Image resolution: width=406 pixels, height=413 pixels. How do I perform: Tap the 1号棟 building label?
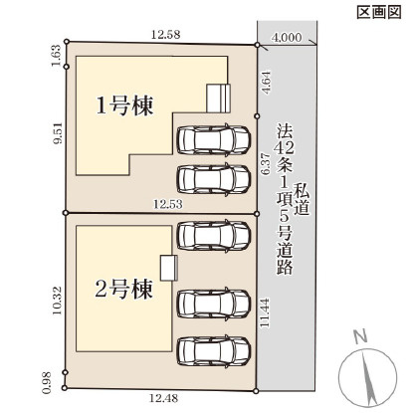(124, 106)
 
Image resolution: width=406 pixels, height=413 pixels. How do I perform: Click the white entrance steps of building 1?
(217, 99)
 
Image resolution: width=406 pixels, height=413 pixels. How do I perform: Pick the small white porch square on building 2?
(168, 266)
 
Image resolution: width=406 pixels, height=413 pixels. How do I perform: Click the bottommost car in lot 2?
(212, 352)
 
